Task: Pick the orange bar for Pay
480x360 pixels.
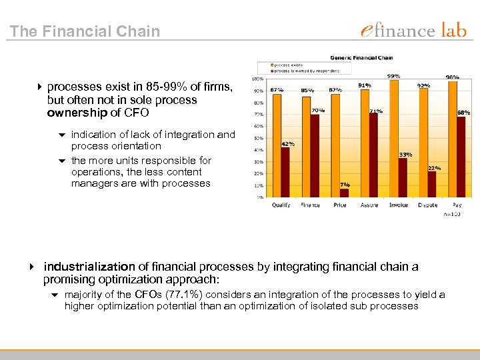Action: (x=453, y=140)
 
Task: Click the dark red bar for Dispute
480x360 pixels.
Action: (x=432, y=184)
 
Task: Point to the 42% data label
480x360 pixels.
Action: (x=288, y=143)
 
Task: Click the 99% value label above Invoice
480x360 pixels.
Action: (x=393, y=76)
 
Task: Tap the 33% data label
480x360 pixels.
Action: (x=405, y=154)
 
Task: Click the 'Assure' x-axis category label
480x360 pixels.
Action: (x=369, y=205)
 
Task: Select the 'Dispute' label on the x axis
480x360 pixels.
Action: (x=427, y=205)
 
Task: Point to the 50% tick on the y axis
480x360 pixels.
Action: (x=257, y=138)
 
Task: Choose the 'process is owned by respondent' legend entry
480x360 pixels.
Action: (x=305, y=70)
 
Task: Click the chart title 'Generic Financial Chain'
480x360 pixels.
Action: (x=361, y=58)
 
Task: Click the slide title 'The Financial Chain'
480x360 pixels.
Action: (x=85, y=31)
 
